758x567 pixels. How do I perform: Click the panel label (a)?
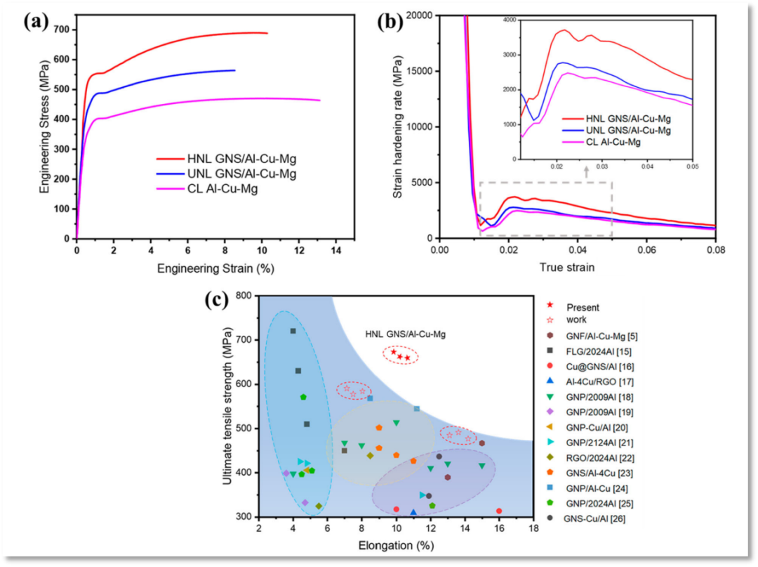point(36,21)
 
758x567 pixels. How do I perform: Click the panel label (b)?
point(390,21)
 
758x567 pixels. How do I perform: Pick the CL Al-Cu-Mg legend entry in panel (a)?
point(221,189)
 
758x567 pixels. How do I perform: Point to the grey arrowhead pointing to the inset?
point(585,169)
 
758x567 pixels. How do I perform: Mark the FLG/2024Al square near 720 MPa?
point(293,331)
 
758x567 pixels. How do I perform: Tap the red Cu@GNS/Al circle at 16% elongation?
point(499,511)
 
